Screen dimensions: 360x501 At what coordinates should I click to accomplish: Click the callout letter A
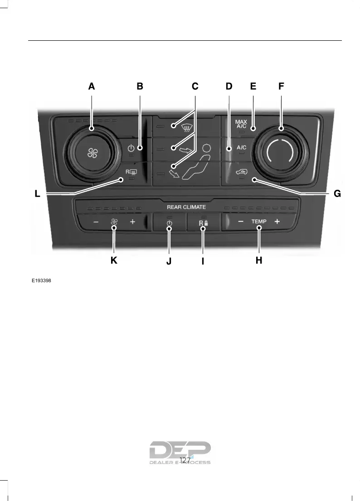coord(92,86)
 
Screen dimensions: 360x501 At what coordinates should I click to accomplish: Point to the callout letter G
coord(337,194)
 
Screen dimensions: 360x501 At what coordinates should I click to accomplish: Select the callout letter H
coord(259,260)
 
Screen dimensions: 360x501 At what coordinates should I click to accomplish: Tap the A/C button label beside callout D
coord(242,148)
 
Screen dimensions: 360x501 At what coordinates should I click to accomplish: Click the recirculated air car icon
coord(241,171)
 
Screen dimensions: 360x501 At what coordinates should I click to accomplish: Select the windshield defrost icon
coord(185,128)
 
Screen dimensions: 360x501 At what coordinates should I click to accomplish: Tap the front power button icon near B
coord(131,148)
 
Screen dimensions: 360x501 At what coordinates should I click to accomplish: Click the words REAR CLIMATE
coord(186,207)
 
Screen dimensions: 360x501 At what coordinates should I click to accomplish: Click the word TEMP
coord(259,222)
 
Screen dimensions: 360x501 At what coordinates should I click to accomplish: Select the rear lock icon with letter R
coord(203,223)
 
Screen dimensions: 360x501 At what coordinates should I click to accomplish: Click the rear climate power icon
coord(169,223)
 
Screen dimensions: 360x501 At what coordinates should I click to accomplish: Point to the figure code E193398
coord(41,281)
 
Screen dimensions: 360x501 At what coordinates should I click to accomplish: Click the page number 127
coord(185,460)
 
